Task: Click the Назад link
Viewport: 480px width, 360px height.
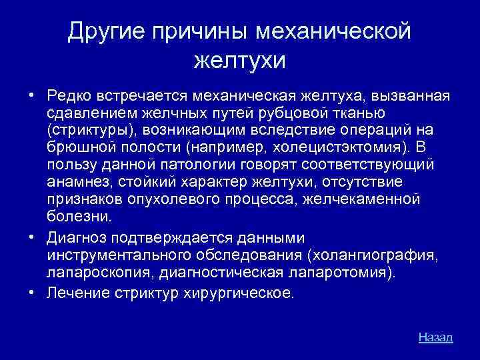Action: pos(435,337)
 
